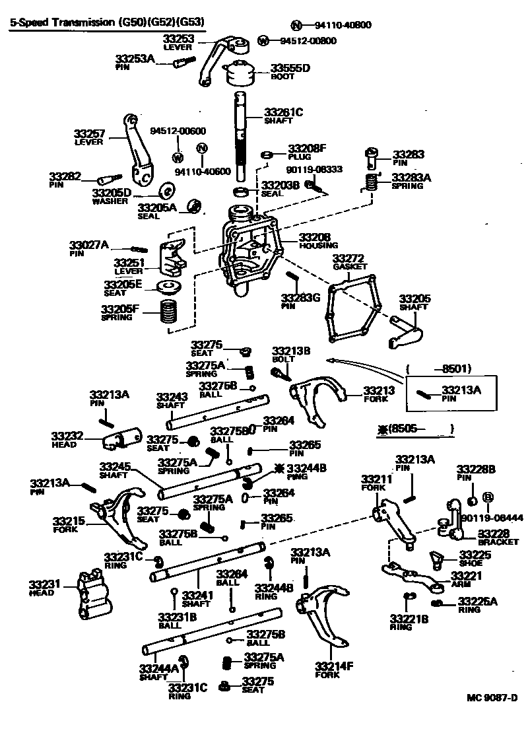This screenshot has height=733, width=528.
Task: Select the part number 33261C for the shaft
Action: tap(283, 112)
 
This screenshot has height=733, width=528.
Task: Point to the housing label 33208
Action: tap(314, 236)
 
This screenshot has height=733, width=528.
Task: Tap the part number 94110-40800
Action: tap(343, 26)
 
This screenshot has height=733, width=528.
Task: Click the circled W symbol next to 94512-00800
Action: tap(264, 41)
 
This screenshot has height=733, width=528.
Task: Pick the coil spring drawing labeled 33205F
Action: tap(170, 310)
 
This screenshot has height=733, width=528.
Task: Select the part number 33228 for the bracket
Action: tap(492, 532)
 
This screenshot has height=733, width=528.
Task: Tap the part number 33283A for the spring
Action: tap(411, 177)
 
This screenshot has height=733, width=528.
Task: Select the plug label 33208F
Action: tap(307, 149)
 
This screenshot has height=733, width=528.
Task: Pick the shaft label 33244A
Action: tap(158, 668)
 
